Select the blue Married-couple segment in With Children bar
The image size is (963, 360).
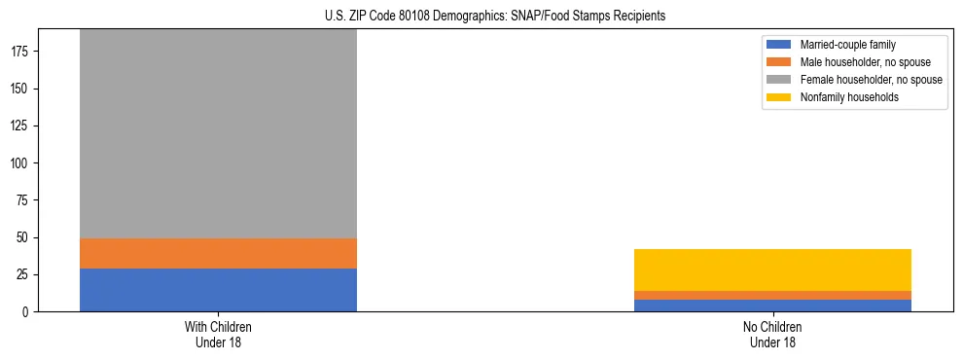218,290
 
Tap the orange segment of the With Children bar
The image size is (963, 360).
218,253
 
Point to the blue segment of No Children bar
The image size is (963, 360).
772,306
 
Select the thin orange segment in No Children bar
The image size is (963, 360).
772,295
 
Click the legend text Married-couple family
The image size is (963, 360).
848,45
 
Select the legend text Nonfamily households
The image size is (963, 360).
848,97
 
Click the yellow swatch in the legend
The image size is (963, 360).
779,97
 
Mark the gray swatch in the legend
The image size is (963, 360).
779,80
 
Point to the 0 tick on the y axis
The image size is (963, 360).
29,312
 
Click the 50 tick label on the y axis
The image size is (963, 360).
25,237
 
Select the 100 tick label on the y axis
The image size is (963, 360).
22,163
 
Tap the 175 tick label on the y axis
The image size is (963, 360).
22,52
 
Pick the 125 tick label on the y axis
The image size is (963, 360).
22,126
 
